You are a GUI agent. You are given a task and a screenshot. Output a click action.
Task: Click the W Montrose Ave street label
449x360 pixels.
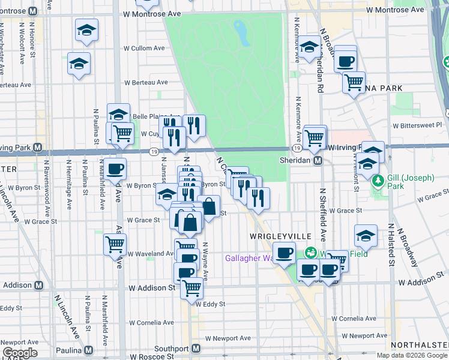(151, 13)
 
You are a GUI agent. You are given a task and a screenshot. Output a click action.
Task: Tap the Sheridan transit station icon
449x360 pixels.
(319, 161)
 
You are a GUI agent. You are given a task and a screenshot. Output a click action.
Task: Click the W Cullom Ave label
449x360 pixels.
(144, 48)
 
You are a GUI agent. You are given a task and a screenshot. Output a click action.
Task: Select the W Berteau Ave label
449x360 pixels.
(145, 84)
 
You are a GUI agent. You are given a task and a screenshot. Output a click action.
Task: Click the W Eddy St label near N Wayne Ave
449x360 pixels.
(209, 304)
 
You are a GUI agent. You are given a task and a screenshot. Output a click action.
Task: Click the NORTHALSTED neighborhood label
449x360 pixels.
(419, 345)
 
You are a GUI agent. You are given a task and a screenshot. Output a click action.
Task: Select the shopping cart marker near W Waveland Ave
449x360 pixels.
(114, 244)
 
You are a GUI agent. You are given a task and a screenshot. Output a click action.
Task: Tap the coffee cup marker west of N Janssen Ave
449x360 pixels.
(116, 169)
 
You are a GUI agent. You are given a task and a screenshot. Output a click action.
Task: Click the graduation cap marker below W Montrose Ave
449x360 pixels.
(87, 29)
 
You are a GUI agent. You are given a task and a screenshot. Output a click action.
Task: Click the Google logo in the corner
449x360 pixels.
(20, 353)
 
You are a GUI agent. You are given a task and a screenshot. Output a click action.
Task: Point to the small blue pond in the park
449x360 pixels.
(242, 33)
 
